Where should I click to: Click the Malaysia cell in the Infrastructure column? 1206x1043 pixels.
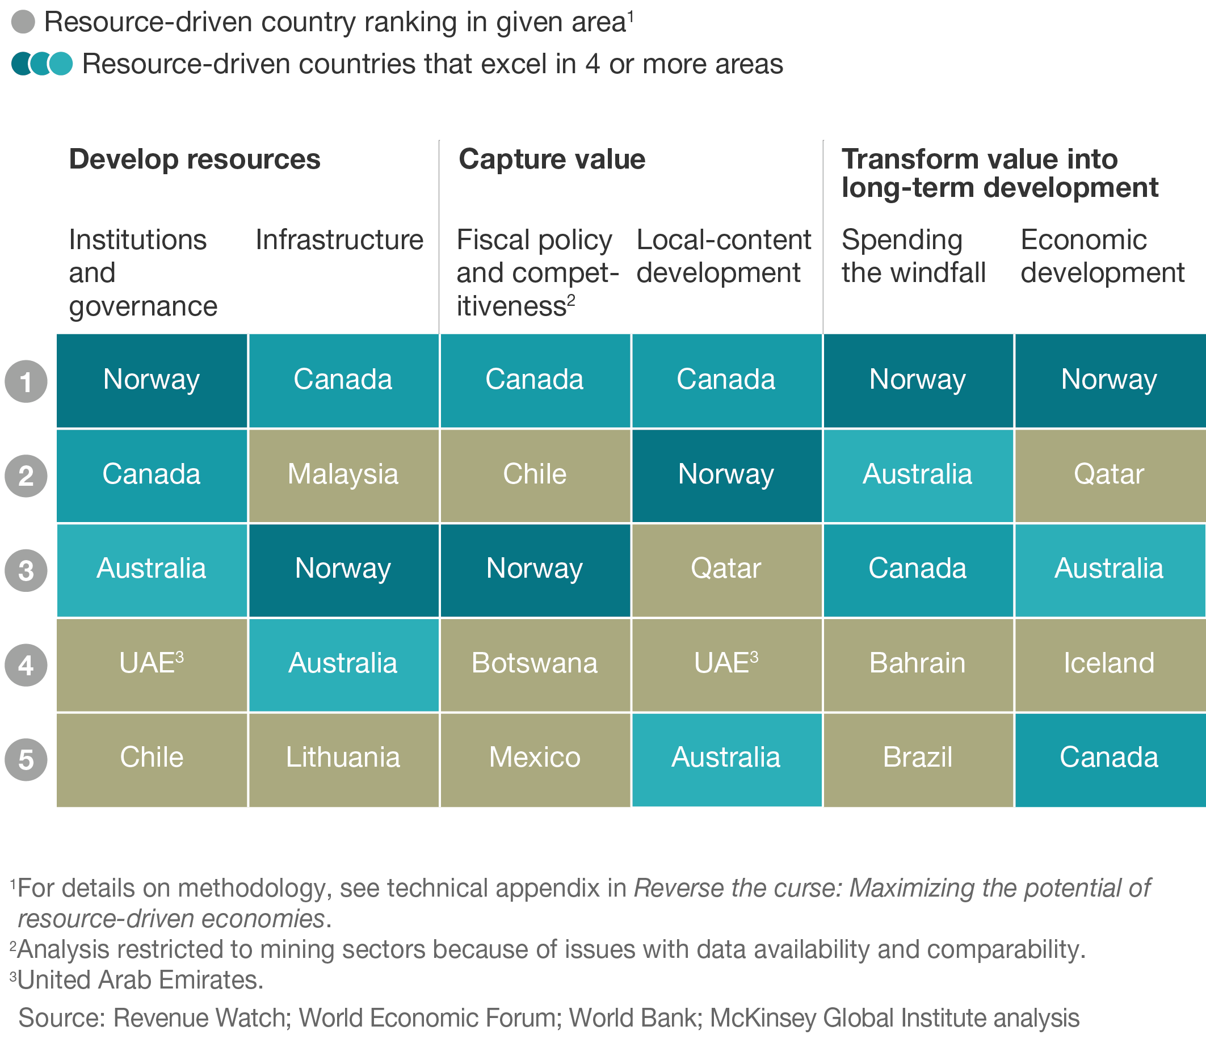pos(343,475)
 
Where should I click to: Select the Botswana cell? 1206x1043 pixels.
pos(534,663)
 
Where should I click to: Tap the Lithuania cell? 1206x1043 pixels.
pos(343,758)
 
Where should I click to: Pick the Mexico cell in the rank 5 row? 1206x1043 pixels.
pos(534,758)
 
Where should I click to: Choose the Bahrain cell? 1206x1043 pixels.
pos(917,663)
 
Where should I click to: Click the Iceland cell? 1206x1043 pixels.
pos(1109,663)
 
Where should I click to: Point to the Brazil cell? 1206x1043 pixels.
pos(917,758)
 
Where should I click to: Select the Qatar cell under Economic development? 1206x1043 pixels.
pos(1109,475)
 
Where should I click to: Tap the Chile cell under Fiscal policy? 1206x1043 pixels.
pos(534,475)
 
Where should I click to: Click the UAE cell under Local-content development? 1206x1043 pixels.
pos(726,663)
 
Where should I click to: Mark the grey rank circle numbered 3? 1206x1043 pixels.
pos(26,570)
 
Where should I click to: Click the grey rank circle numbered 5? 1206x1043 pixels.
pos(26,759)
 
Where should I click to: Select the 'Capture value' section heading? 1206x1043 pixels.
pos(552,159)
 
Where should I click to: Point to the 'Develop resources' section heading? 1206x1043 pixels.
pos(195,159)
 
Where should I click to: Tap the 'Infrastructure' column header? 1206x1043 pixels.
pos(339,240)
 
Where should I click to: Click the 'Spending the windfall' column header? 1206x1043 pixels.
pos(913,256)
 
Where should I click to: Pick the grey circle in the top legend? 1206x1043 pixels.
pos(23,22)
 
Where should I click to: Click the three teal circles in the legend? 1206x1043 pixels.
pos(42,64)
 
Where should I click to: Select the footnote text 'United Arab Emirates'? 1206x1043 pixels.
pos(140,980)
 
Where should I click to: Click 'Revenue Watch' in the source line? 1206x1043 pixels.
pos(200,1018)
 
